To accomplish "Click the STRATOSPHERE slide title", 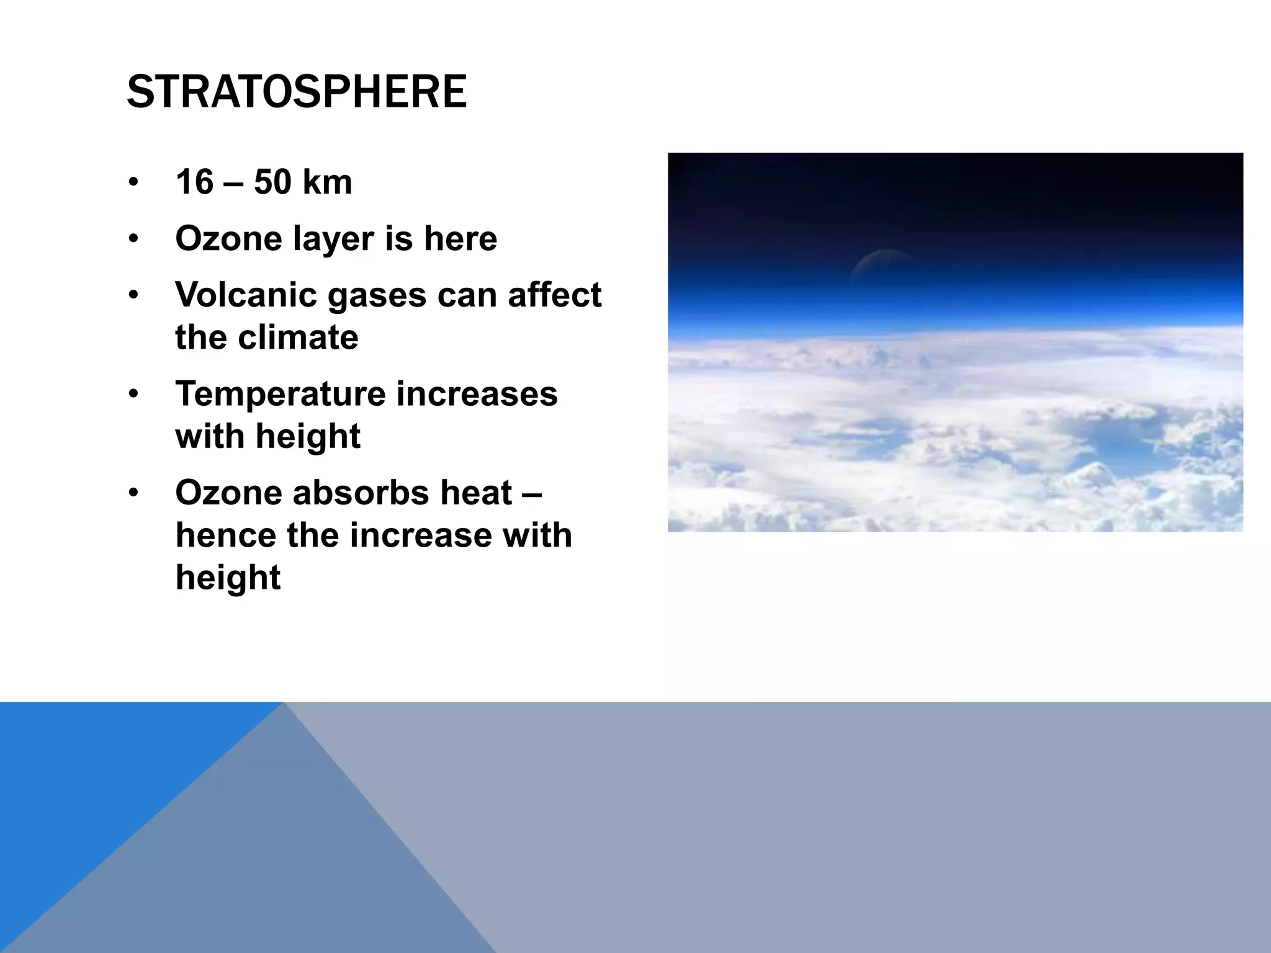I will click(x=297, y=92).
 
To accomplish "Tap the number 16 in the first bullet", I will click(x=194, y=182).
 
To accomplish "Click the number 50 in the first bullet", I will click(x=272, y=182).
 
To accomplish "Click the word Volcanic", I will click(x=246, y=295).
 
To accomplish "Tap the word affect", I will click(x=554, y=295).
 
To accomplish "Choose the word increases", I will click(x=477, y=395).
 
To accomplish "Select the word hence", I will click(x=225, y=535).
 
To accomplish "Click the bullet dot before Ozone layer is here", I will click(x=133, y=239).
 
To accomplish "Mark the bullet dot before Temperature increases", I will click(x=133, y=395).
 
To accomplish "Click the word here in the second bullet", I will click(x=460, y=239).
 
